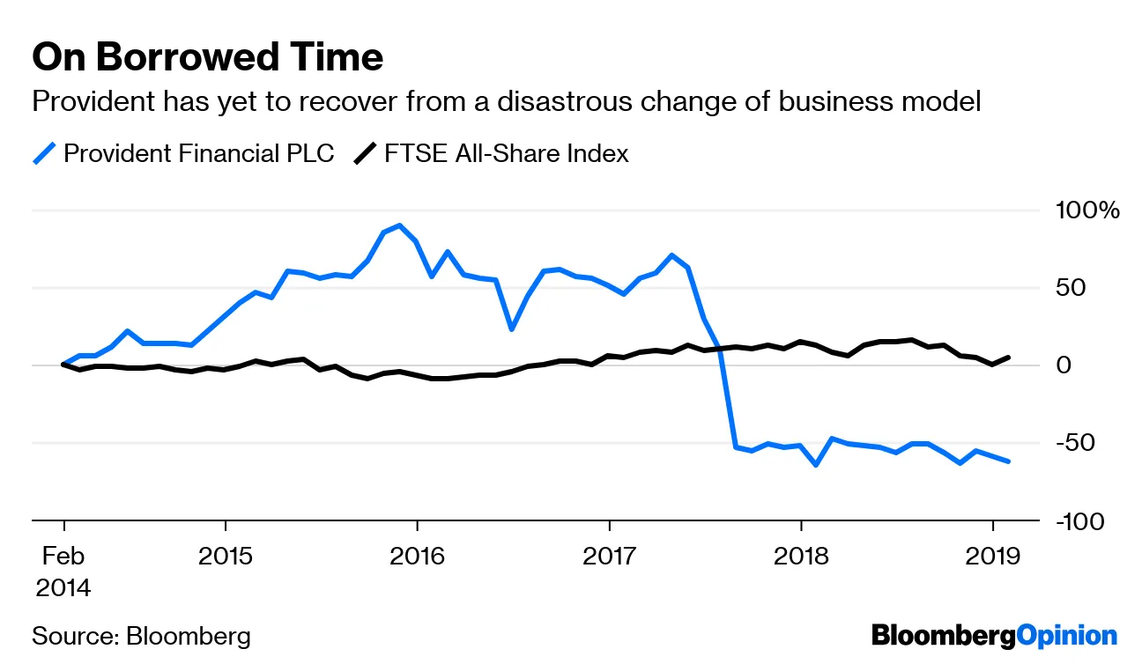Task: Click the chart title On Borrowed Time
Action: coord(208,58)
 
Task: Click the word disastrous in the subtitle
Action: coord(569,102)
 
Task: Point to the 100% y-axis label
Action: coord(1087,210)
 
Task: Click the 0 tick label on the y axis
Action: coord(1064,365)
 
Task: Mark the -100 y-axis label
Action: coord(1079,521)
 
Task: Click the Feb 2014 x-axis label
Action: coord(63,572)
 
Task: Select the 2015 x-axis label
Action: coord(225,557)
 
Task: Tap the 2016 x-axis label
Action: coord(417,557)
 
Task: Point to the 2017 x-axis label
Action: coord(609,557)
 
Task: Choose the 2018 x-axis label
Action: coord(801,557)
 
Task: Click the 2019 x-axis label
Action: coord(993,557)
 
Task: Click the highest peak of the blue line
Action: coord(400,225)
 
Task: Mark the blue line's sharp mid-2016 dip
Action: coord(512,328)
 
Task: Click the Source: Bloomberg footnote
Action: coord(142,636)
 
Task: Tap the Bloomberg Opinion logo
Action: coord(994,635)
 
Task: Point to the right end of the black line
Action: coord(1008,358)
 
